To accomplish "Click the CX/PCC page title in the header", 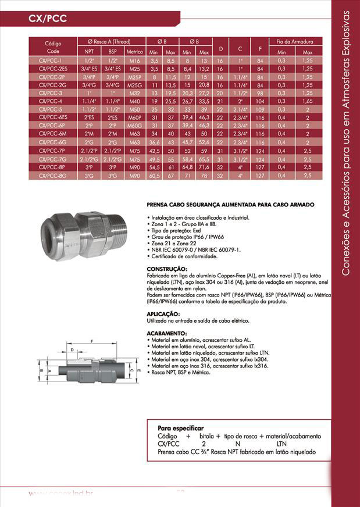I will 48,19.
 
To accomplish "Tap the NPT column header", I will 90,52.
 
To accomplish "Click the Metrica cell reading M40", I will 135,101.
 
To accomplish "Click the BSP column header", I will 112,52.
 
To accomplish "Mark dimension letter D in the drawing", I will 71,351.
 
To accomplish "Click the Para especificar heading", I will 180,427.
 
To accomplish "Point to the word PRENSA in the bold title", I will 159,205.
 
